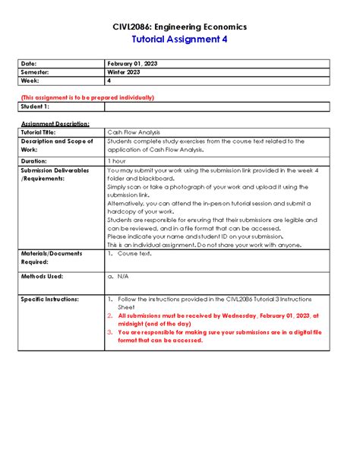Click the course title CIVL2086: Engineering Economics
coord(179,27)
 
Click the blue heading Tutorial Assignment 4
coord(179,40)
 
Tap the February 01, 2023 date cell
coord(134,62)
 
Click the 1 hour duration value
coord(117,161)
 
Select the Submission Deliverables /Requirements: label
coord(56,175)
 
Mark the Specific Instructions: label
coord(50,300)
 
